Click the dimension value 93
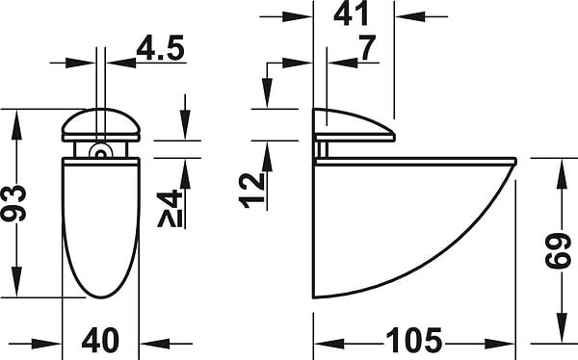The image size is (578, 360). click(x=13, y=203)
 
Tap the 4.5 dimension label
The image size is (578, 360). click(x=160, y=48)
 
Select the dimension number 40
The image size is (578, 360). click(x=100, y=341)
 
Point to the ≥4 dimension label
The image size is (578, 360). click(x=170, y=208)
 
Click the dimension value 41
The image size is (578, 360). click(x=351, y=13)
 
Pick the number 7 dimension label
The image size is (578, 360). click(x=368, y=47)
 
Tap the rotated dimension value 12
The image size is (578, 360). click(x=252, y=191)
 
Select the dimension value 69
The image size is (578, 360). click(x=558, y=250)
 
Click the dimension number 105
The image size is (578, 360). click(x=413, y=340)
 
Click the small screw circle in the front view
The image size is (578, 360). click(x=100, y=152)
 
